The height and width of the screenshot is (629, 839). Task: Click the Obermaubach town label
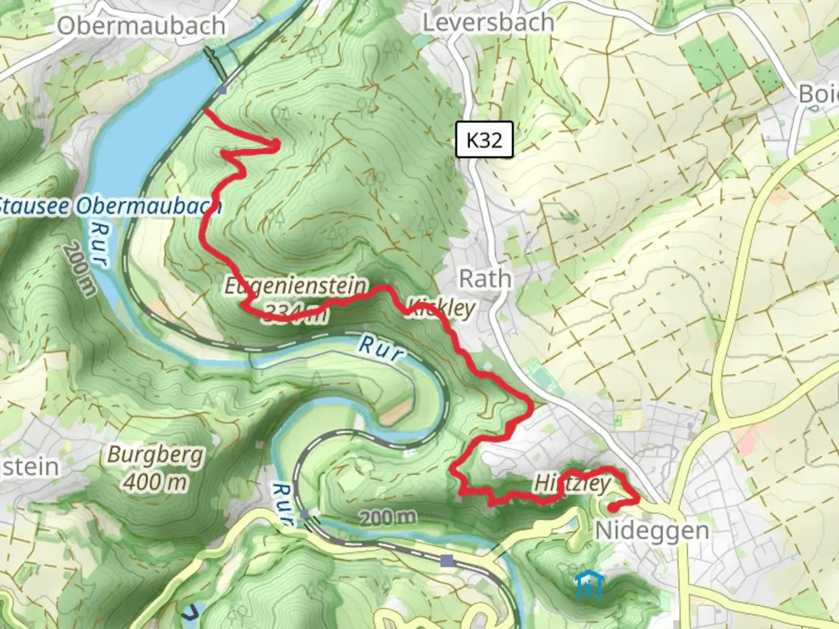[x=141, y=26]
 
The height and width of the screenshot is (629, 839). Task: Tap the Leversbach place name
[x=488, y=23]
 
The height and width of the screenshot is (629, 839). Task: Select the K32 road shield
[x=484, y=140]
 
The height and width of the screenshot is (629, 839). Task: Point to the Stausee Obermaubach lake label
[x=109, y=206]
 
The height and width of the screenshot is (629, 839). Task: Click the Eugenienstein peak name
[x=296, y=286]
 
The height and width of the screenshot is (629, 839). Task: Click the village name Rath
[x=485, y=279]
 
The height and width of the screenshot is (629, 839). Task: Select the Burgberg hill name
[x=155, y=455]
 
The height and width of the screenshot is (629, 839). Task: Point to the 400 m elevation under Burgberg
[x=155, y=482]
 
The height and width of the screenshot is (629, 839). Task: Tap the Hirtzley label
[x=572, y=483]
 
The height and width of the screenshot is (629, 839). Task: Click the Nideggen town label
[x=652, y=531]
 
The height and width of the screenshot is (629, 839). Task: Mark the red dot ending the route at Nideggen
[x=613, y=508]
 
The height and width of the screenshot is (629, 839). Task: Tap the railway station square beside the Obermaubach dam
[x=223, y=90]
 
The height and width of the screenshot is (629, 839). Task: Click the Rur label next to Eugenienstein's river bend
[x=380, y=348]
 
